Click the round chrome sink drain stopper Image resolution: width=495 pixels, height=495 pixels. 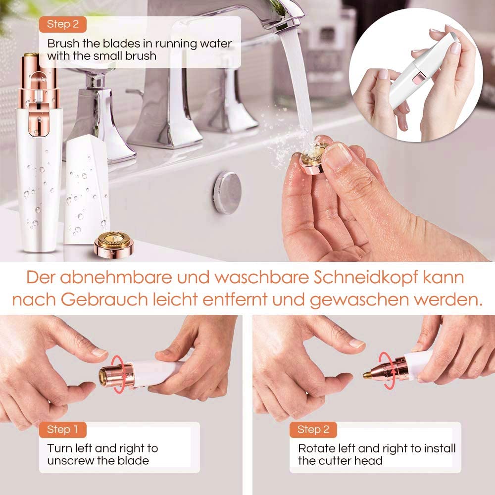point(228,193)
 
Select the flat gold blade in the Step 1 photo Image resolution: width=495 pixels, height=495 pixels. point(104,376)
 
